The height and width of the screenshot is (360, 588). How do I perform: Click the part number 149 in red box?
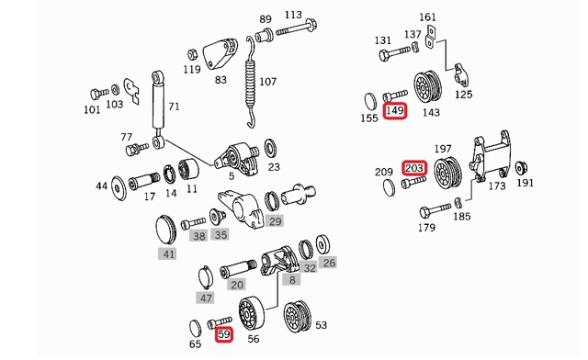(395, 111)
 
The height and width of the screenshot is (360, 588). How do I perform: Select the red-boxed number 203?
(414, 168)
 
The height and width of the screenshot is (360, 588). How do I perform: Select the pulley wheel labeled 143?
(424, 87)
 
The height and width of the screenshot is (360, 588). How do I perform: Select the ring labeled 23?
(273, 148)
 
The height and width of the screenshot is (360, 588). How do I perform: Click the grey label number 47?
(207, 298)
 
